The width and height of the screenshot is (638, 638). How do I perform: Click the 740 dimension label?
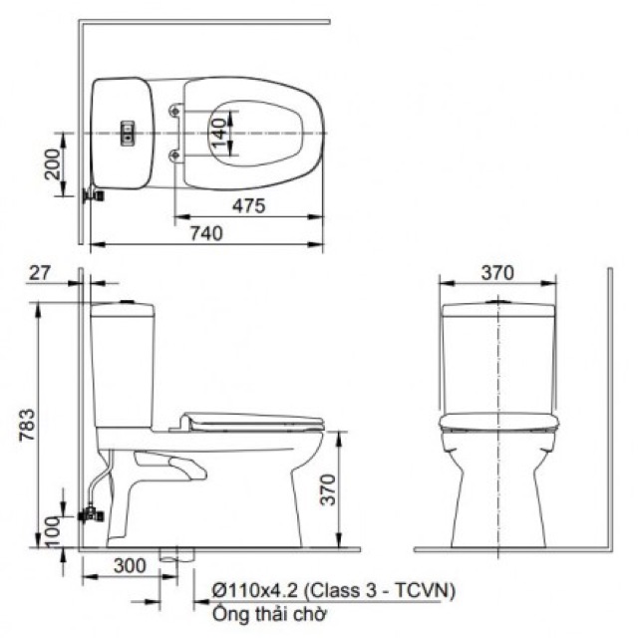(206, 233)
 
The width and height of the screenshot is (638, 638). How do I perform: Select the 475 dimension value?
(248, 206)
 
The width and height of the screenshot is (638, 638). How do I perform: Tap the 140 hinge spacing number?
(218, 133)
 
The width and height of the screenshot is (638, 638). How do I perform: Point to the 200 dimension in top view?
(52, 163)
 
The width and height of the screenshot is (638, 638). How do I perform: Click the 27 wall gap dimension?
(40, 272)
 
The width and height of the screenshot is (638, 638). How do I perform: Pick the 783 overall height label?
(28, 425)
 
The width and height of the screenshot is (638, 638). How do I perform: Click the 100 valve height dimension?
(52, 531)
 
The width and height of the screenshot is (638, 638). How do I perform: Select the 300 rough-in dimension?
(129, 565)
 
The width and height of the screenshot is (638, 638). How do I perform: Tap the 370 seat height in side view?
(328, 489)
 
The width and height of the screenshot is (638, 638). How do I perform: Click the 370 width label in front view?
(497, 272)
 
